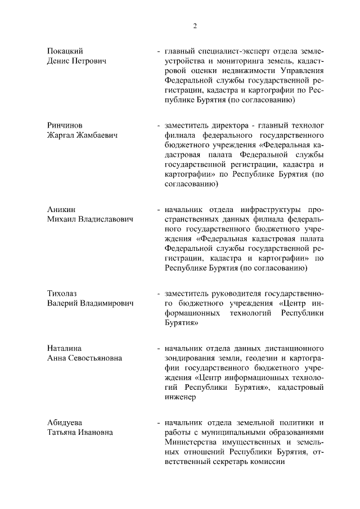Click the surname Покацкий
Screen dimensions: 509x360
(65, 51)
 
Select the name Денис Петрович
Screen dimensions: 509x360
(77, 61)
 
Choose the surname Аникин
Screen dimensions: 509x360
(61, 209)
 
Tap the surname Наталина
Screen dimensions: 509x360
(65, 348)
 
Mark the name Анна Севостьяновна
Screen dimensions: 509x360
(85, 358)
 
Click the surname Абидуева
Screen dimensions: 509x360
(65, 422)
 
